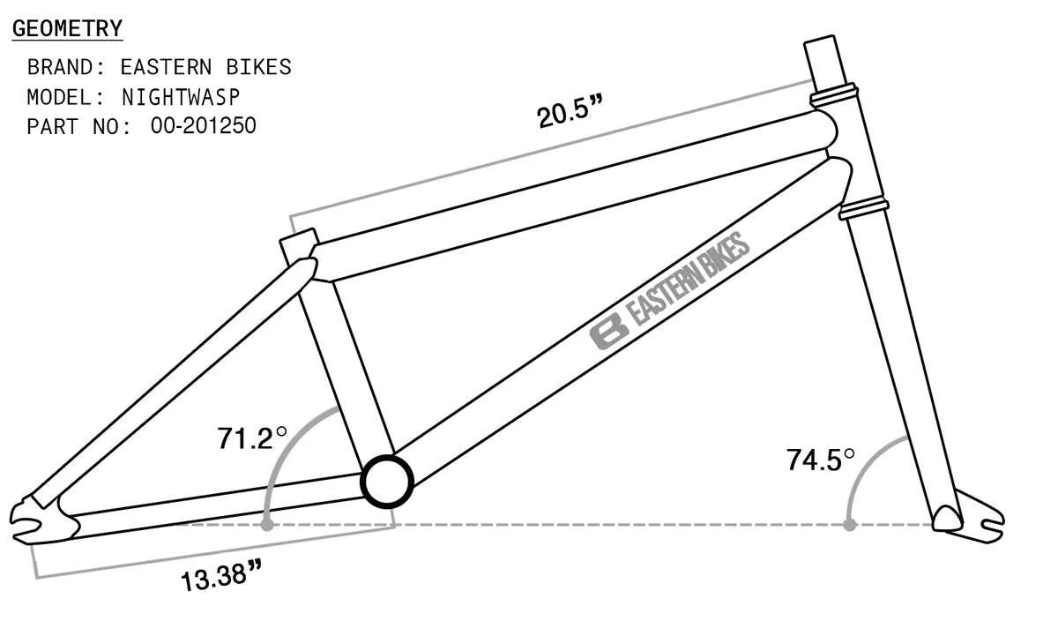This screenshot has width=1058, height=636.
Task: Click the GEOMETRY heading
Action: [67, 29]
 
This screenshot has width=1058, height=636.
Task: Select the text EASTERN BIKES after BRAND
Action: [205, 67]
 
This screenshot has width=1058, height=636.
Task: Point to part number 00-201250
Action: [203, 126]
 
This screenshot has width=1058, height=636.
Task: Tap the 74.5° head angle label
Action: [821, 460]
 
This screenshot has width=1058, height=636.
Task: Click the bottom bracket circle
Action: [387, 482]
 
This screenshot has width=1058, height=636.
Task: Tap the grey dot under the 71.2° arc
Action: [266, 525]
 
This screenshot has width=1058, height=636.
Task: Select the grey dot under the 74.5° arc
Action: [849, 525]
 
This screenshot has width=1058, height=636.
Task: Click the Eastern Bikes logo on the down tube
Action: [670, 291]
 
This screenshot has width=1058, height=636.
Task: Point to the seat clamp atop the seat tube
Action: [298, 245]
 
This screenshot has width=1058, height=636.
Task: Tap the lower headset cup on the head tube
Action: [861, 209]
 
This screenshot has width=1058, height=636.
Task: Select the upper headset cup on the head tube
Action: [834, 92]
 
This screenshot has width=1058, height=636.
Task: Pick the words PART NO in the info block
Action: [78, 126]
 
